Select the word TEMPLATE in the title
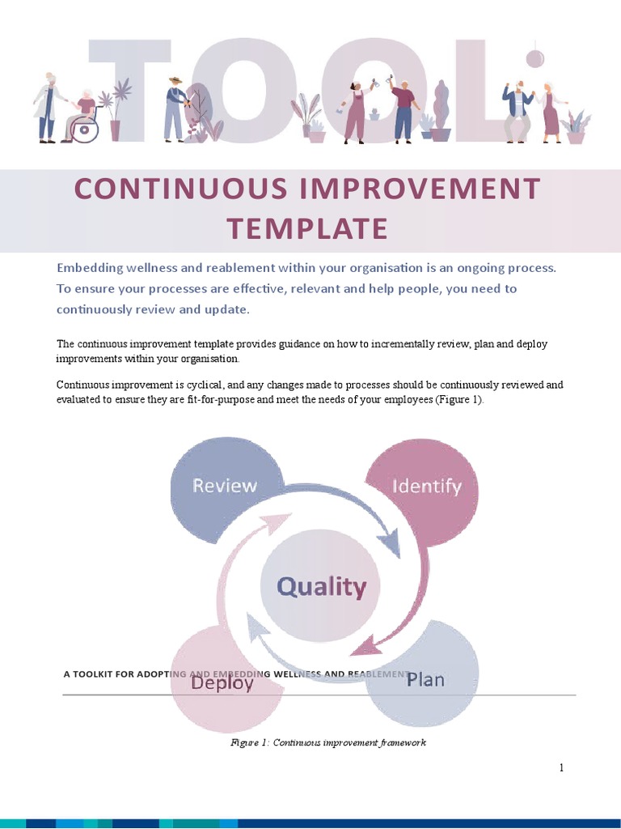pyautogui.click(x=307, y=228)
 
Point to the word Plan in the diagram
pyautogui.click(x=425, y=679)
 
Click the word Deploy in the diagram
pyautogui.click(x=222, y=682)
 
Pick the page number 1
pyautogui.click(x=561, y=768)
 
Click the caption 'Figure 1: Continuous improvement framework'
pyautogui.click(x=328, y=742)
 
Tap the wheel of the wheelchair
pyautogui.click(x=86, y=130)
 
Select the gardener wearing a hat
pyautogui.click(x=174, y=109)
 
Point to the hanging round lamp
pyautogui.click(x=534, y=58)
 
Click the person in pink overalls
pyautogui.click(x=354, y=113)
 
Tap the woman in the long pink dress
pyautogui.click(x=551, y=113)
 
